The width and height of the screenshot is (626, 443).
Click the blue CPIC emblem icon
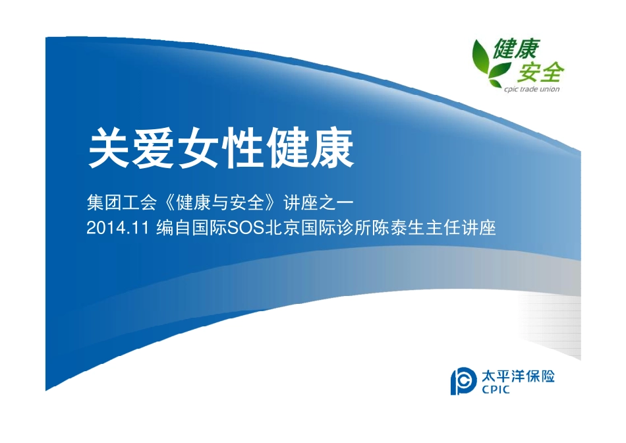463,381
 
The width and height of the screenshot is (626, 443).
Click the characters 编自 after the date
174,229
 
